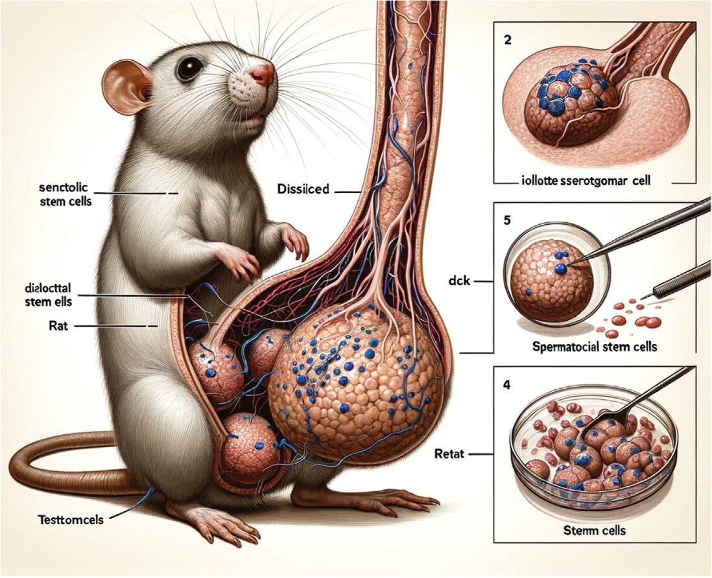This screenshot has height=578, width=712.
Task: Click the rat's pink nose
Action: (263, 75)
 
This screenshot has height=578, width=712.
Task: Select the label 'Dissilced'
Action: (302, 190)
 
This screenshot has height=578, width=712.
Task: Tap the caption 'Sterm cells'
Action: (595, 531)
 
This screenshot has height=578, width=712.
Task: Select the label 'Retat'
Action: (449, 454)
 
